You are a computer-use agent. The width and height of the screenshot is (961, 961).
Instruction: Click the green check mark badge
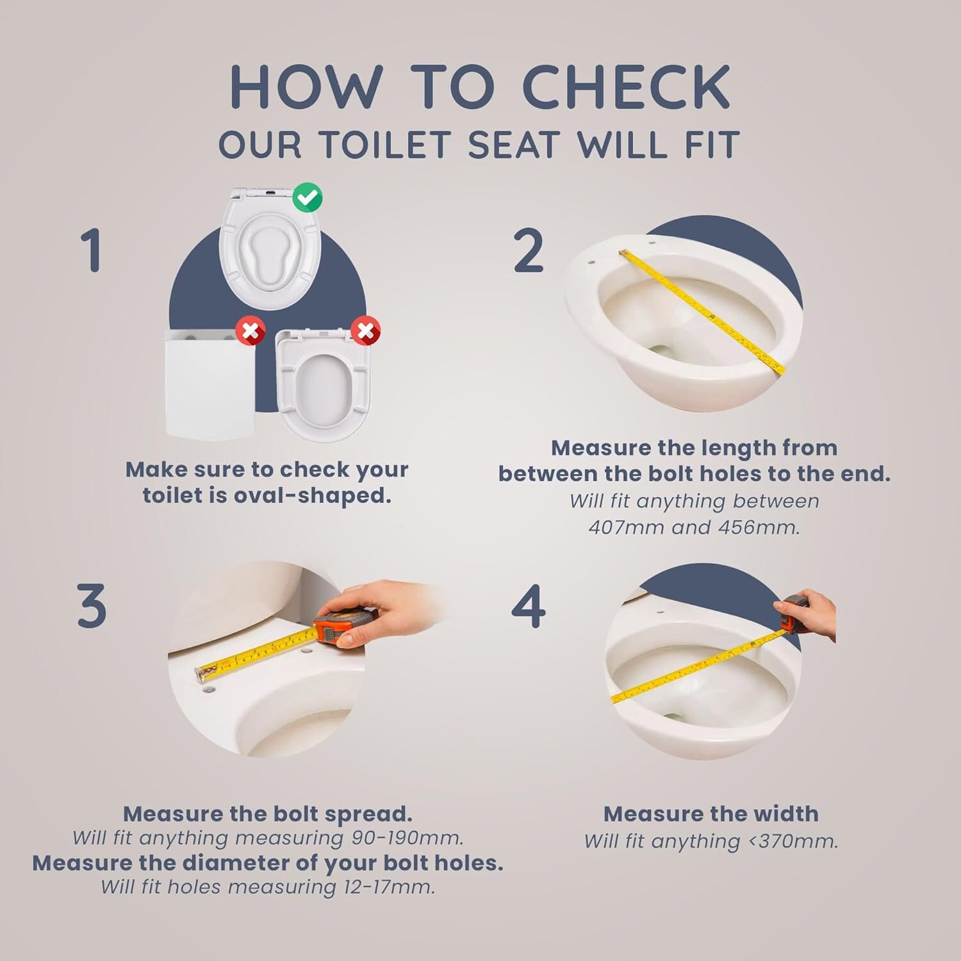click(308, 198)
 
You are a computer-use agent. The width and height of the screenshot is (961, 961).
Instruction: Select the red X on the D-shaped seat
click(366, 331)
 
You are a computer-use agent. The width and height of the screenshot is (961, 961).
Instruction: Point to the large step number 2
click(529, 251)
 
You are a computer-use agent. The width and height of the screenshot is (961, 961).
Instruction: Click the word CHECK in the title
click(627, 87)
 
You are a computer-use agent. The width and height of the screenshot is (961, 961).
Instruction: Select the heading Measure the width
click(710, 814)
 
